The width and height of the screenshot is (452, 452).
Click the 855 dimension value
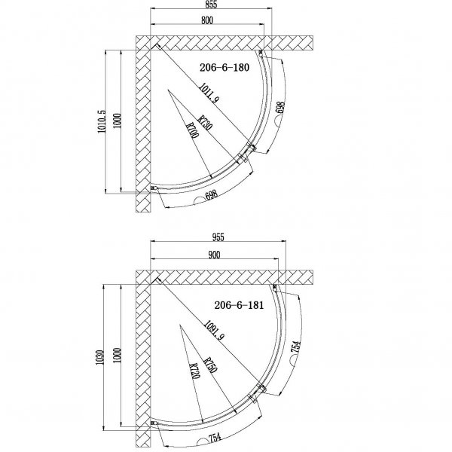tap(211, 5)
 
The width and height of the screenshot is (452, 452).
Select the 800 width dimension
tap(207, 20)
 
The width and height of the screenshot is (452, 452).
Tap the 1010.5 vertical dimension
tap(102, 121)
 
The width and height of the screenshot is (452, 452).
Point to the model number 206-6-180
tap(224, 68)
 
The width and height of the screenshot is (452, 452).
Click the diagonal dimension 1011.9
tap(209, 93)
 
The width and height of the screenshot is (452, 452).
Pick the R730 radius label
tap(205, 123)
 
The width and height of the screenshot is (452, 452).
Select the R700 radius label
tap(193, 130)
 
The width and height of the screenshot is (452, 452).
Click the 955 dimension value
tap(218, 237)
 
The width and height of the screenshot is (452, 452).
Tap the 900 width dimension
tap(214, 255)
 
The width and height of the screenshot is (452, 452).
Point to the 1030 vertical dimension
tap(99, 357)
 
